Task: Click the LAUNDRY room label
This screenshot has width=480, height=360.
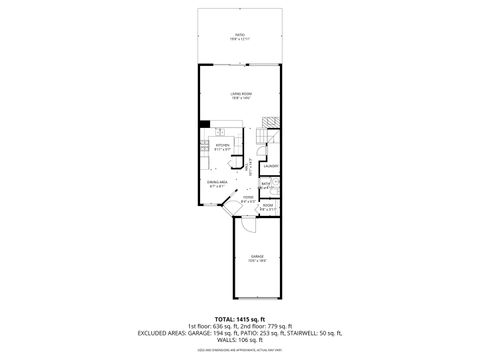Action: pos(269,165)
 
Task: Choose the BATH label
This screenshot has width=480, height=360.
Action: pos(267,184)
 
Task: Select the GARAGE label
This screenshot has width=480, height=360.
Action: pos(258,259)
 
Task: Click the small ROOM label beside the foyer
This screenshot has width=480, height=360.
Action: pos(267,207)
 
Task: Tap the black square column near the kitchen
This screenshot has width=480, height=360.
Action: pos(205,124)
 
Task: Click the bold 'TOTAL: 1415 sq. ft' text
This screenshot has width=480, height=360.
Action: pos(239,318)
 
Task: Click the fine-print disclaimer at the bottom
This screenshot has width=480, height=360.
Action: pos(239,350)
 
